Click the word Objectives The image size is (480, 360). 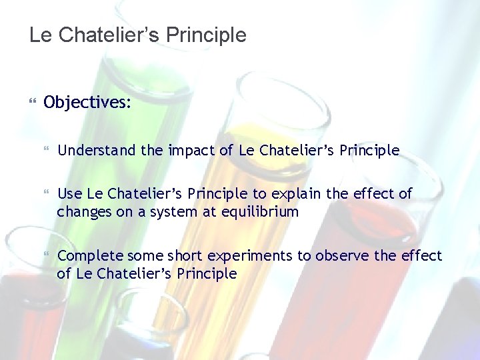pyautogui.click(x=87, y=103)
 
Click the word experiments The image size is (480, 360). pyautogui.click(x=252, y=256)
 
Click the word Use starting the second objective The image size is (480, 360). pyautogui.click(x=70, y=194)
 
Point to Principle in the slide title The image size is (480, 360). pyautogui.click(x=207, y=35)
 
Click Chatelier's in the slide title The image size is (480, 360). pyautogui.click(x=111, y=35)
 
